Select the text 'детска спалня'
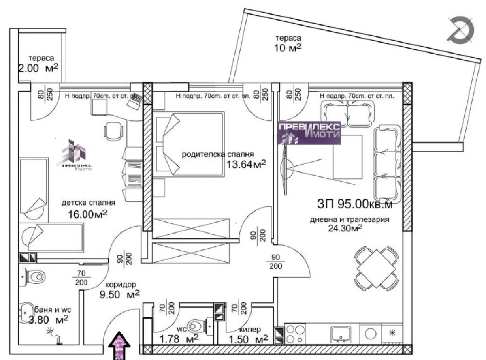pos(89,203)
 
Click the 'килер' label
pos(249,329)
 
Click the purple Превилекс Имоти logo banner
pos(309,132)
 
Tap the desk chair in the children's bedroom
pos(113,130)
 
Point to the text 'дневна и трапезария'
pos(349,220)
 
